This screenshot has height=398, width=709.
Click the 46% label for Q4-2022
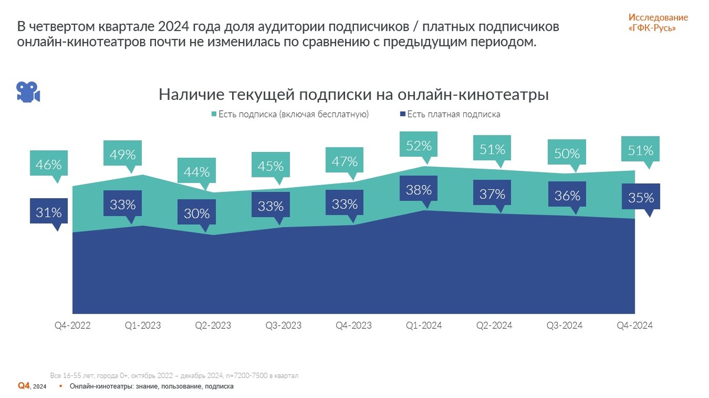pyautogui.click(x=48, y=164)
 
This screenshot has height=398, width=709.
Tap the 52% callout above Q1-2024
pyautogui.click(x=419, y=145)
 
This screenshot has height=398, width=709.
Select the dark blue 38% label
pyautogui.click(x=419, y=190)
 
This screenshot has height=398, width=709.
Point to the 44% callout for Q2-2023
pyautogui.click(x=196, y=172)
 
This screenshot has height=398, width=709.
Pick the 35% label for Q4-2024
pyautogui.click(x=641, y=198)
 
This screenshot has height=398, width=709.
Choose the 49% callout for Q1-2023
pyautogui.click(x=122, y=154)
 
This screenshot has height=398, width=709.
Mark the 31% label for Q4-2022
pyautogui.click(x=48, y=212)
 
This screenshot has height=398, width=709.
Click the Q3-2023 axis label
pyautogui.click(x=283, y=326)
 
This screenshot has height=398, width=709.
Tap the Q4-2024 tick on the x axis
pyautogui.click(x=635, y=326)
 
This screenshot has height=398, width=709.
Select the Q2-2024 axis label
pyautogui.click(x=495, y=326)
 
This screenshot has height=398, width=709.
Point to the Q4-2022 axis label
pyautogui.click(x=73, y=326)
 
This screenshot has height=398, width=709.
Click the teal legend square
pyautogui.click(x=214, y=114)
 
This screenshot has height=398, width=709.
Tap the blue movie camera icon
pyautogui.click(x=27, y=92)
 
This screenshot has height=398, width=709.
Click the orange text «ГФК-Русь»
pyautogui.click(x=652, y=28)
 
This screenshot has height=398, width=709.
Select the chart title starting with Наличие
pyautogui.click(x=354, y=95)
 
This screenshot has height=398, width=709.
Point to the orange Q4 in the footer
pyautogui.click(x=24, y=386)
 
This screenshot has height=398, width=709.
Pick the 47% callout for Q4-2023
pyautogui.click(x=344, y=161)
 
